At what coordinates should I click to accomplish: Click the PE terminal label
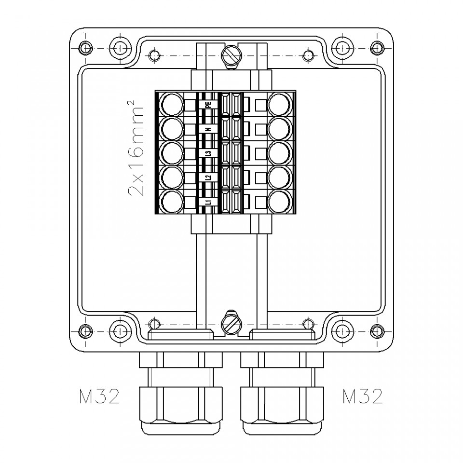pos(208,104)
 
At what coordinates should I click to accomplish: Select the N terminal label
pos(208,129)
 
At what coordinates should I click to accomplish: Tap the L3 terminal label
pos(208,153)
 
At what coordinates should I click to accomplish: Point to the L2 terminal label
pos(208,178)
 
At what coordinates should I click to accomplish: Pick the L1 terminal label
pos(208,202)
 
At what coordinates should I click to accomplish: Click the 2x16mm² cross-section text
pos(136,148)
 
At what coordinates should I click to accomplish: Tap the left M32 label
pos(99,396)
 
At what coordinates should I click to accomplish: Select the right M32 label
pos(363,396)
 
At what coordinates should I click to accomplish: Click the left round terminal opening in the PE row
pos(172,104)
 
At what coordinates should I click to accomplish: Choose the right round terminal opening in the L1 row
pos(279,202)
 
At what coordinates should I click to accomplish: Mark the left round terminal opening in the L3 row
pos(172,153)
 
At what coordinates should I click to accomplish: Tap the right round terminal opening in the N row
pos(279,129)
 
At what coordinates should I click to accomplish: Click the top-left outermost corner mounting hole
pos(85,48)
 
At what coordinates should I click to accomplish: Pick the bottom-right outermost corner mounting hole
pos(377,330)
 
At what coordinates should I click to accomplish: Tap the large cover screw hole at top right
pos(342,48)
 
